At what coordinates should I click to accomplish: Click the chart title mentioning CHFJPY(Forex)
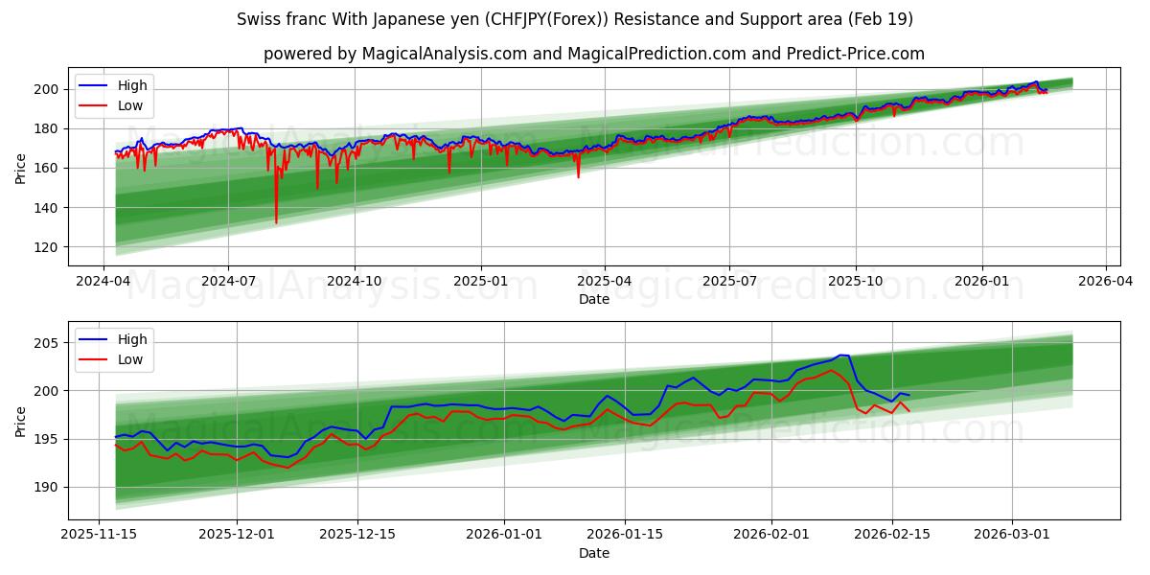point(575,19)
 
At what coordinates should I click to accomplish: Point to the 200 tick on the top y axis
point(47,89)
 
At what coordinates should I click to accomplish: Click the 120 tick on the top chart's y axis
point(47,247)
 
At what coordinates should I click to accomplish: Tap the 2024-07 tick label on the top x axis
point(228,282)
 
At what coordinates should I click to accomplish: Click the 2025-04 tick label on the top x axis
point(605,282)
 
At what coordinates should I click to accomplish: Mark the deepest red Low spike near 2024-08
point(276,222)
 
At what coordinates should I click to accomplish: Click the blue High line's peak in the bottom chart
point(841,355)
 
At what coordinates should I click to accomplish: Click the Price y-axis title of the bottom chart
point(21,421)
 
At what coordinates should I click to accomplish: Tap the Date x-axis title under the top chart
point(594,299)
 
